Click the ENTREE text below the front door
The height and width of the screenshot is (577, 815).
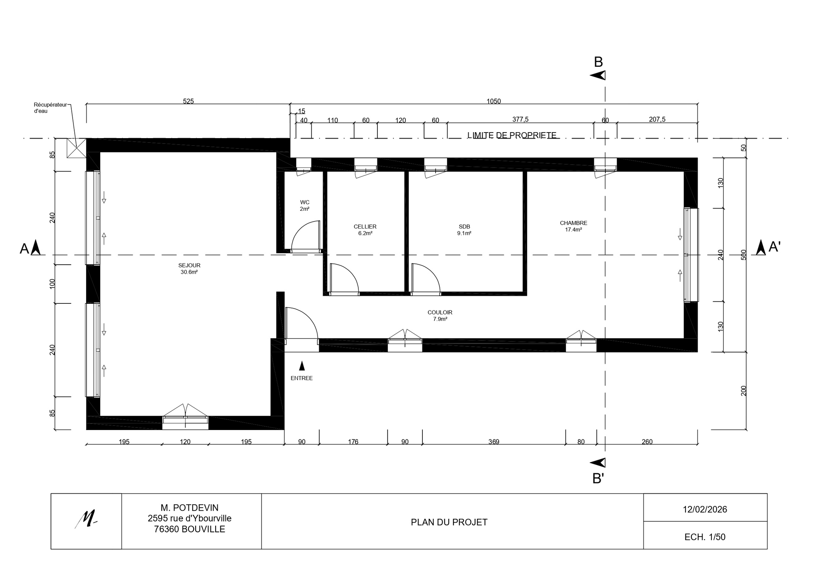302,378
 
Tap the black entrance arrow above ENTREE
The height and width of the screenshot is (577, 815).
302,365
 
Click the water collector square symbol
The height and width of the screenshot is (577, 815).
77,148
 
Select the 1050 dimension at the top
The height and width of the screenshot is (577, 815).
494,101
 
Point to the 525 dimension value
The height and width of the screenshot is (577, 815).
188,101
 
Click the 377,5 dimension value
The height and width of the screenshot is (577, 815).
520,119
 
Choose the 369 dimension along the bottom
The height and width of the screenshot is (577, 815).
494,442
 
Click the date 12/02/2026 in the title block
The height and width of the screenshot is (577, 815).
705,509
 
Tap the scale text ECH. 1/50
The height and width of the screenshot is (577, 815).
705,537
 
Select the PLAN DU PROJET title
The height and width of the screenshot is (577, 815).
449,522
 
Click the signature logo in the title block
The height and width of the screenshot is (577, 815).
86,519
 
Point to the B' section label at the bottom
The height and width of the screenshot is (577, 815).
598,479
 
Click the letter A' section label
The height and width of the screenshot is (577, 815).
775,247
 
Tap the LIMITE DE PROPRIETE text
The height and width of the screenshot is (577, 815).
512,135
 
